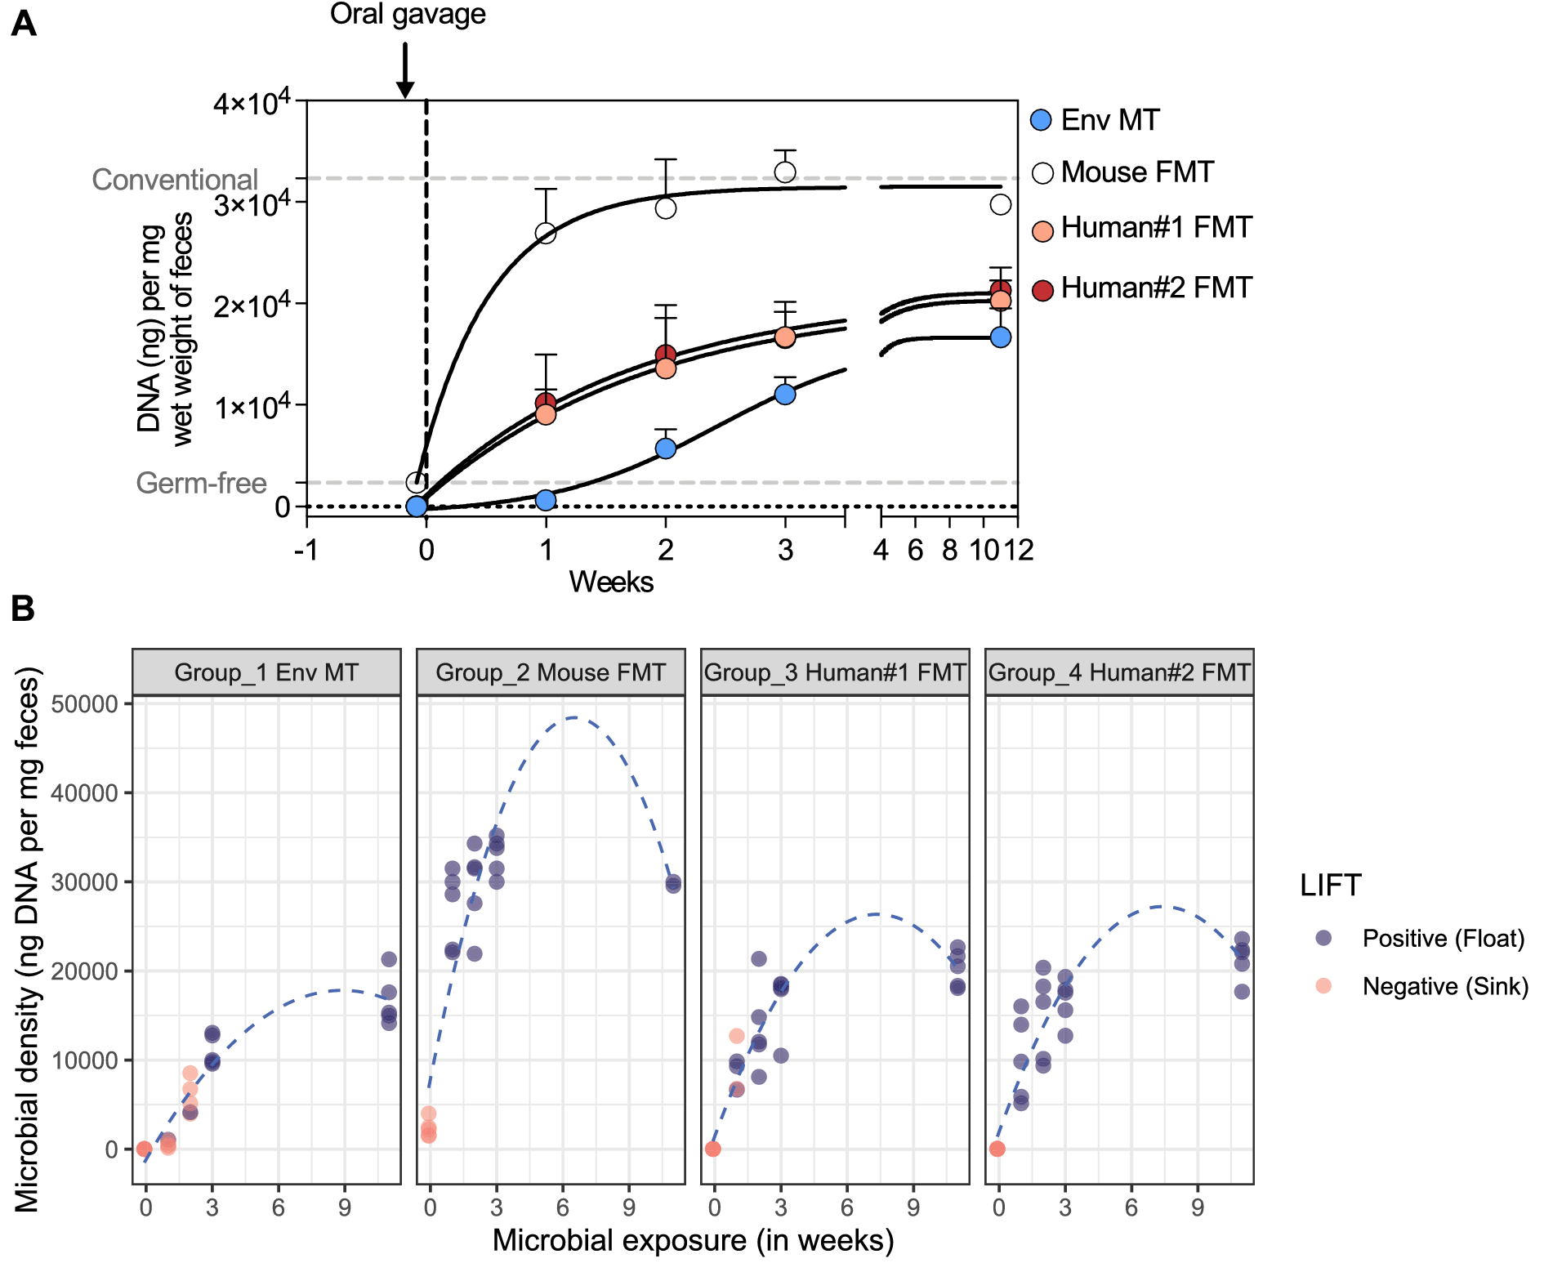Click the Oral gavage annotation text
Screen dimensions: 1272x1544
coord(407,14)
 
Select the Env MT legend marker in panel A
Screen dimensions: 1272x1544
coord(1041,120)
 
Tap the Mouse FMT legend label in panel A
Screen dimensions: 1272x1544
coord(1137,172)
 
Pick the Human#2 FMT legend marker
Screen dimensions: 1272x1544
coord(1042,289)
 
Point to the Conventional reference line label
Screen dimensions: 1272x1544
coord(175,180)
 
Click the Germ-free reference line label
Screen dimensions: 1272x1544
coord(201,483)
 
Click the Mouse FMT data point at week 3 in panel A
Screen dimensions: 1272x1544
coord(785,172)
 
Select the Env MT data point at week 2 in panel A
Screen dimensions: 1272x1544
coord(666,449)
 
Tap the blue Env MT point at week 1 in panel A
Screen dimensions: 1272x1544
coord(546,500)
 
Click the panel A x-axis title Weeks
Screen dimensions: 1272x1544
coord(611,582)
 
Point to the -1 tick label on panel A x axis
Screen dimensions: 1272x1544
coord(306,550)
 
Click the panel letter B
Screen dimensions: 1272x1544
coord(23,609)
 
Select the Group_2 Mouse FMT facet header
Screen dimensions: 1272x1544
coord(551,672)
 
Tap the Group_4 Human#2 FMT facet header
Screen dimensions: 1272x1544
coord(1119,672)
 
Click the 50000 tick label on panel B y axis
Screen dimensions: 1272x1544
coord(84,703)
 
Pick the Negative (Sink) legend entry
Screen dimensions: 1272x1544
coord(1444,986)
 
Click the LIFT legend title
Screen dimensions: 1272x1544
coord(1330,886)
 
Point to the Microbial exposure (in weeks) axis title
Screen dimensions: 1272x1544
coord(693,1240)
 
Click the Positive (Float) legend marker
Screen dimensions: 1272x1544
coord(1323,938)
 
